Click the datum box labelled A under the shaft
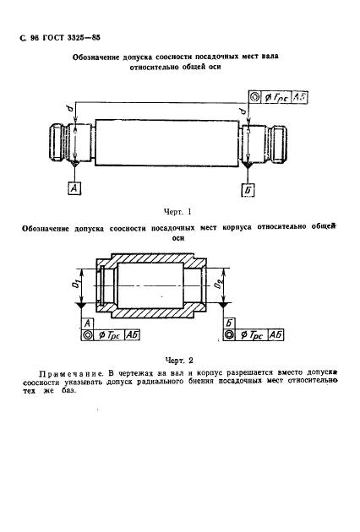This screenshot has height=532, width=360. [x=74, y=189]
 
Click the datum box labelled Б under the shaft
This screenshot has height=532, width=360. [x=247, y=189]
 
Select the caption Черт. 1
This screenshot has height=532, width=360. [x=177, y=212]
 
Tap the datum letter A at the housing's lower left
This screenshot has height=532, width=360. [x=88, y=323]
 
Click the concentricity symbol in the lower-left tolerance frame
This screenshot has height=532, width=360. [x=89, y=336]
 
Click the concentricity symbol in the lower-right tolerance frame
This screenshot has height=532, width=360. [x=230, y=336]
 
